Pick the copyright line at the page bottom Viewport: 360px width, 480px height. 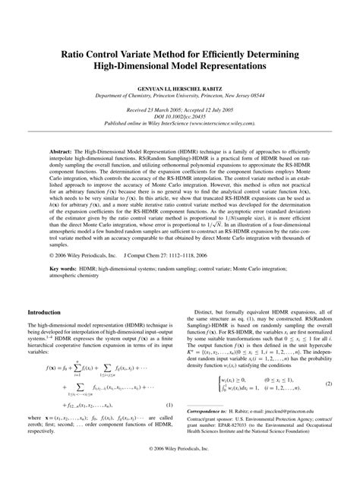[180, 470]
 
